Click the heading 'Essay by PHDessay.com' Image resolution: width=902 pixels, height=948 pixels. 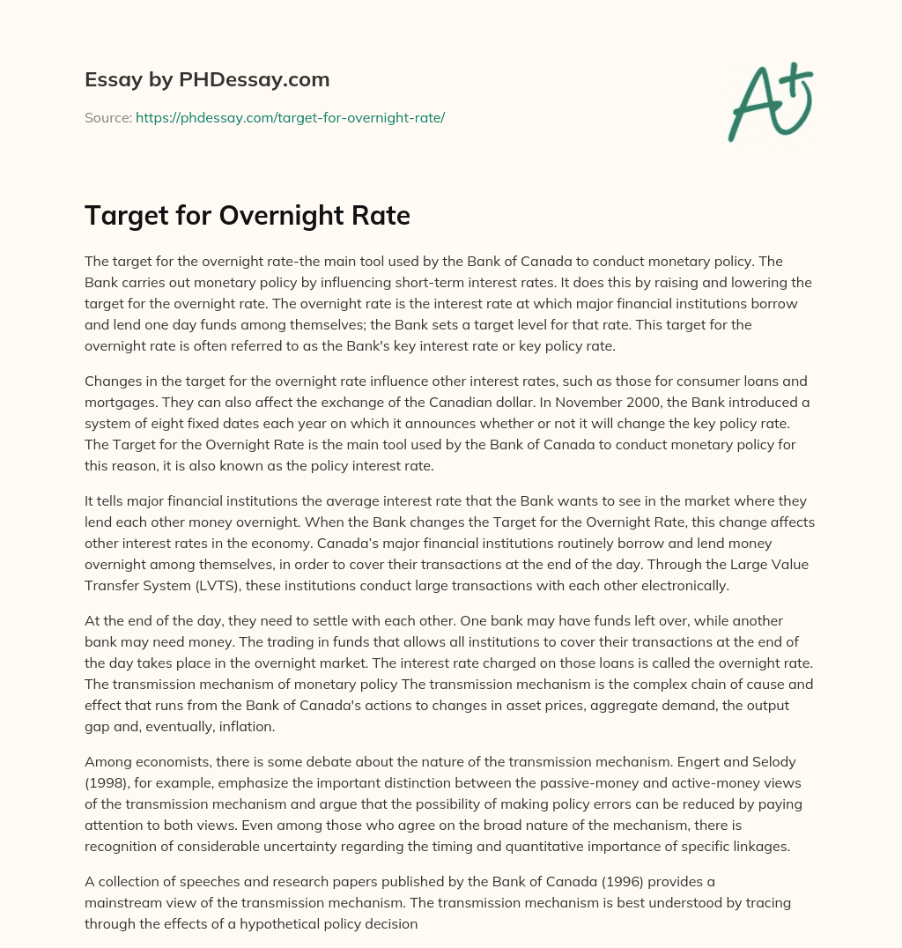[x=207, y=80]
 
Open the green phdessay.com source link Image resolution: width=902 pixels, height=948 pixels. [x=290, y=117]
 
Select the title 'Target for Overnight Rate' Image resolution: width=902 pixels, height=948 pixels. [x=248, y=215]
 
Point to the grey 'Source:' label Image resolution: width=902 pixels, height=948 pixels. [x=107, y=117]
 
